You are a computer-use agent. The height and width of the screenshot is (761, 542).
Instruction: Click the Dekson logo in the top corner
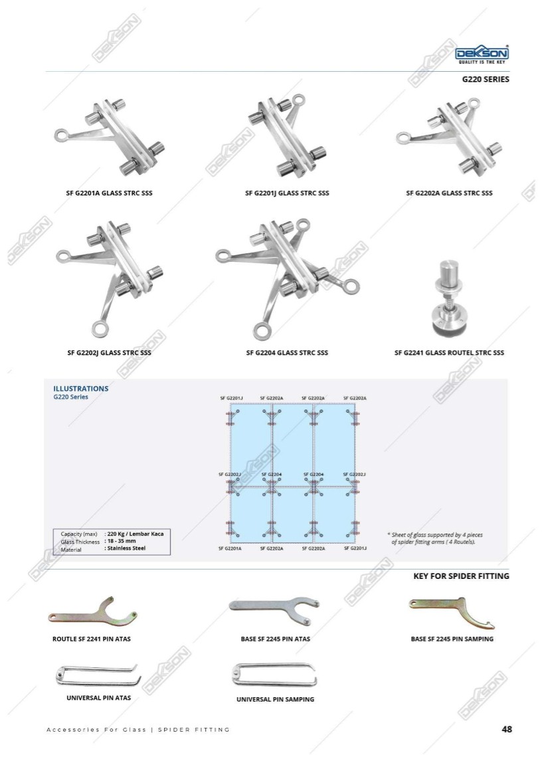[482, 54]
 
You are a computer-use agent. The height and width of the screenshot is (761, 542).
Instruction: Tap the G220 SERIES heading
[486, 79]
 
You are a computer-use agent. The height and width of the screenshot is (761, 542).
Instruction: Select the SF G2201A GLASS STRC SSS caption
[109, 193]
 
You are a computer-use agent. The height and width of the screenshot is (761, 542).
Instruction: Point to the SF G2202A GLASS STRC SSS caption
[449, 193]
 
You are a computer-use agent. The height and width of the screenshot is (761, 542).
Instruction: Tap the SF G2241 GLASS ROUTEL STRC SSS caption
[449, 353]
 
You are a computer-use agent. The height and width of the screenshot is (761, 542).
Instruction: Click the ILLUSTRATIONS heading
[80, 389]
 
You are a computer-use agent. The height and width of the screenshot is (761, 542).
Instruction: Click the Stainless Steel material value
[125, 548]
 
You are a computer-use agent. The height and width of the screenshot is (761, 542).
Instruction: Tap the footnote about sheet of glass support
[435, 538]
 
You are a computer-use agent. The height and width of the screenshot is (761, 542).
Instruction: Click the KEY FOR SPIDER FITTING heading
[461, 576]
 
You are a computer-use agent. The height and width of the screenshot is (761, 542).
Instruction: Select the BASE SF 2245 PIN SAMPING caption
[452, 639]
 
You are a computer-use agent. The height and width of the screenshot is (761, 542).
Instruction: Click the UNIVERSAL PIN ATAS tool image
[98, 677]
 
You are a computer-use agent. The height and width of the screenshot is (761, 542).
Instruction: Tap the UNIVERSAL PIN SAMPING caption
[275, 699]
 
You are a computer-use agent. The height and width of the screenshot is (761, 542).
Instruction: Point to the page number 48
[507, 729]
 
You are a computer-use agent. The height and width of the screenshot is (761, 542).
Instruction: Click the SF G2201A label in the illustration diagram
[230, 548]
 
